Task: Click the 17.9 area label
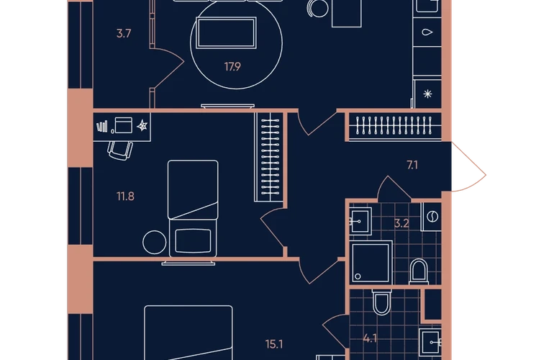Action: [x=232, y=66]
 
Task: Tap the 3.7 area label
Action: [x=124, y=34]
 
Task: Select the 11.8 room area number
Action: [x=125, y=197]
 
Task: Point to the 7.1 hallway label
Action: [x=412, y=165]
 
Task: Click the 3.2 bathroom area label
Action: [x=401, y=223]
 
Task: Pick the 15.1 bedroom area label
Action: [x=274, y=344]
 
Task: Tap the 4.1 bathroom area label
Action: [x=370, y=339]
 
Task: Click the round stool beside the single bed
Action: [x=155, y=242]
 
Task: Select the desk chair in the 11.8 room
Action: [x=120, y=150]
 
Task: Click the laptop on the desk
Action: [x=123, y=125]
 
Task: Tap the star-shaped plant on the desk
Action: [x=142, y=125]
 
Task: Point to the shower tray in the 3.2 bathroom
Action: [x=371, y=262]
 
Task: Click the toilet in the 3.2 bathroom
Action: [x=419, y=271]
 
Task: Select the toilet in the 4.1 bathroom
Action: [x=382, y=301]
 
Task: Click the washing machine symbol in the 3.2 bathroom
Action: [x=432, y=217]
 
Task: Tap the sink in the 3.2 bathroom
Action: [x=360, y=221]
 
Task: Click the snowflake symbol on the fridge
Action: [x=427, y=94]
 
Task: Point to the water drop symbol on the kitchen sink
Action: [x=427, y=32]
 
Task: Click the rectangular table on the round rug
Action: [x=226, y=32]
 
